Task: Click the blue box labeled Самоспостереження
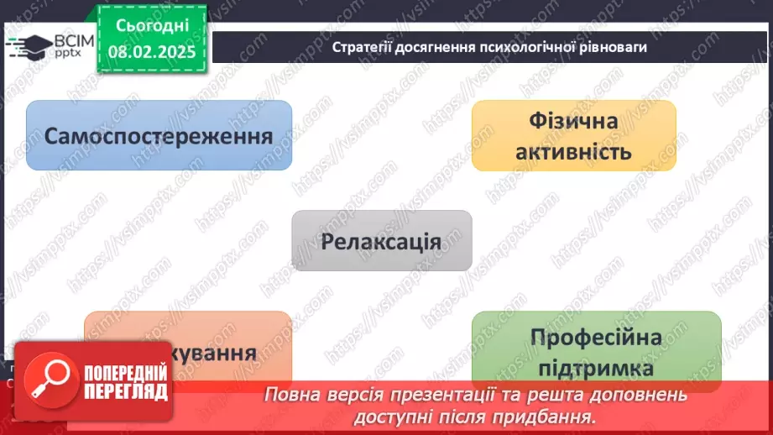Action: tap(159, 135)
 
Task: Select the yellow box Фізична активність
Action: tap(573, 135)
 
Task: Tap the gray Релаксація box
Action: tap(381, 241)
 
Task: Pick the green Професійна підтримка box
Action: tap(596, 349)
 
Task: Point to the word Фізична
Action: tap(573, 121)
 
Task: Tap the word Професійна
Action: tap(596, 338)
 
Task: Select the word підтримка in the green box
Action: tap(596, 369)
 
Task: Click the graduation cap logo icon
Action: tap(29, 46)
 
